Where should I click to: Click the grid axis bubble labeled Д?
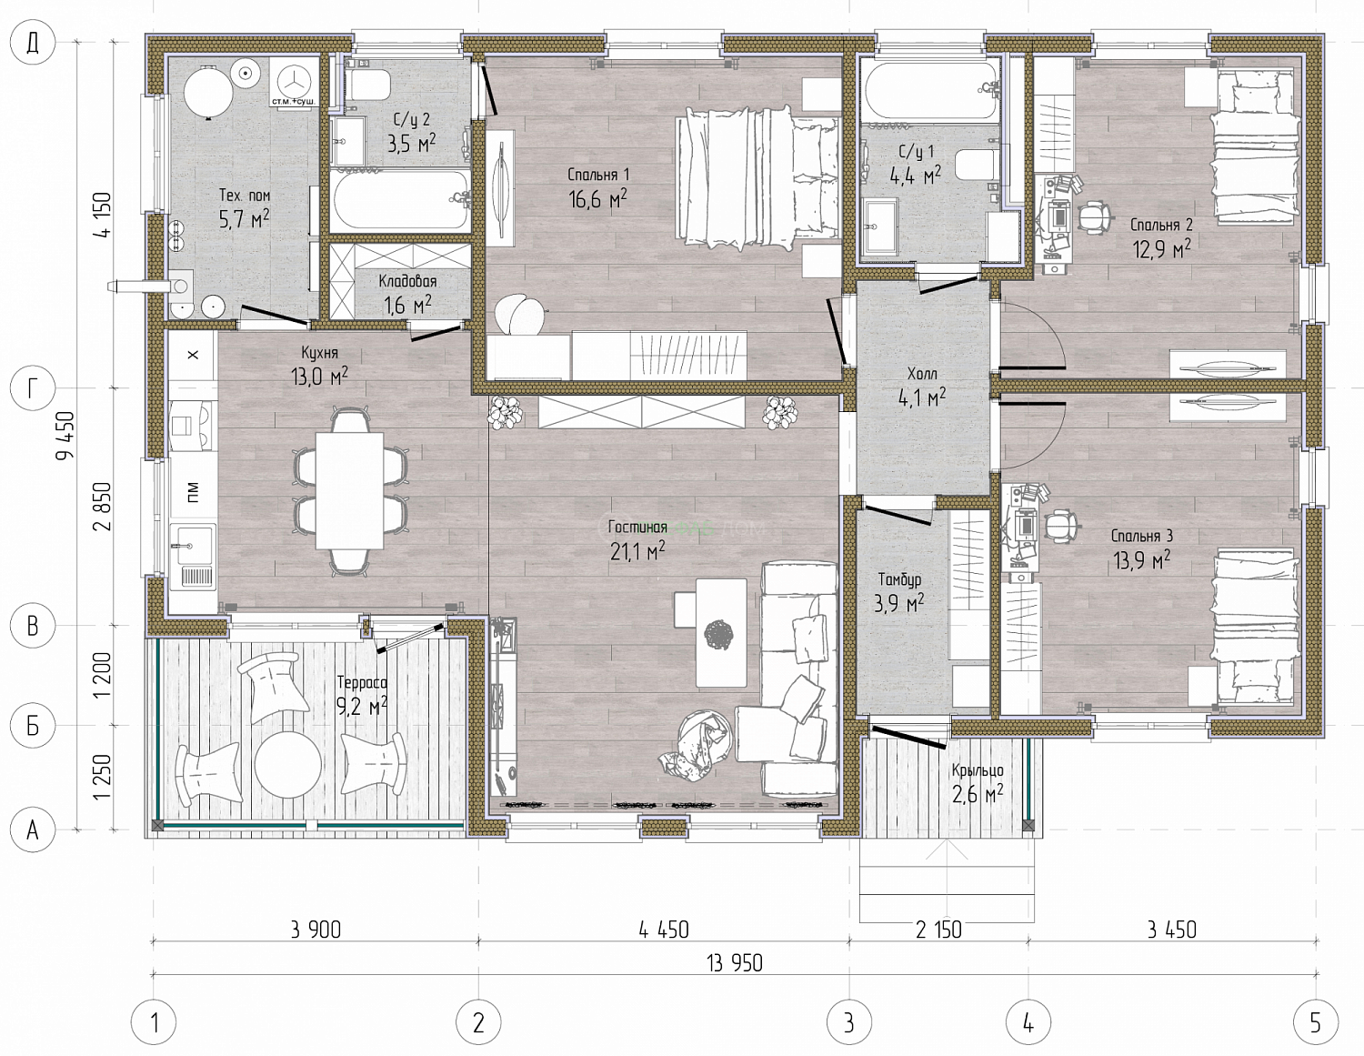(x=33, y=44)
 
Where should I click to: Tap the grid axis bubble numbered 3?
(x=848, y=1022)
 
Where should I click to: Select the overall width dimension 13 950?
(x=735, y=962)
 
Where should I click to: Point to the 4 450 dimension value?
(x=664, y=930)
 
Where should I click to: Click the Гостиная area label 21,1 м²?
(x=637, y=550)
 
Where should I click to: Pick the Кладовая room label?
(x=407, y=281)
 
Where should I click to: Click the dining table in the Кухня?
(x=349, y=490)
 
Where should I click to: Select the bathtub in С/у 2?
(x=401, y=199)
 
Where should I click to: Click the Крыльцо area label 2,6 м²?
(x=978, y=793)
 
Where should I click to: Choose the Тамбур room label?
(x=899, y=578)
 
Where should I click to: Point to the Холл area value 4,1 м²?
(x=922, y=397)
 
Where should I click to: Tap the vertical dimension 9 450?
(x=65, y=435)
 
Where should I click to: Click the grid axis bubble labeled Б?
(x=33, y=726)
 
